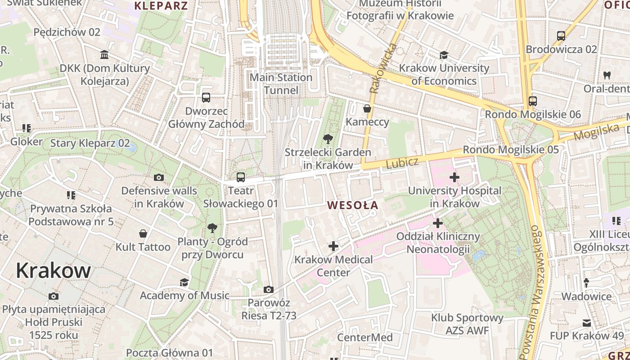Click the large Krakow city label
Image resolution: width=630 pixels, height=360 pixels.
[x=53, y=270]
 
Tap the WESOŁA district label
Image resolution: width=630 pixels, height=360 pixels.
[x=352, y=205]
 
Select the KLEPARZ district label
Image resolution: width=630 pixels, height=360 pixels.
[x=161, y=6]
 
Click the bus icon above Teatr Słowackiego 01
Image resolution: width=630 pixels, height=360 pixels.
[x=241, y=177]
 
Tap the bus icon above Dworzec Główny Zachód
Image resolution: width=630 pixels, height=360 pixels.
[x=206, y=98]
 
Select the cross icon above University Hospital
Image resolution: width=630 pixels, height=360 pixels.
[x=454, y=177]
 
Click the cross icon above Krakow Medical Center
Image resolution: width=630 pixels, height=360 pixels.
[x=333, y=246]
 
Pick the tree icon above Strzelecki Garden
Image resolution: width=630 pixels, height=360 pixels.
[x=328, y=139]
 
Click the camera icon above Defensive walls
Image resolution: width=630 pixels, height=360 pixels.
[x=159, y=178]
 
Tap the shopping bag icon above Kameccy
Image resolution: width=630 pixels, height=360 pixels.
[x=367, y=108]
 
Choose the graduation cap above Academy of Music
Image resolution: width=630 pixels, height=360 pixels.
[x=184, y=282]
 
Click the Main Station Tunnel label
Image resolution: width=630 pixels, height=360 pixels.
[x=281, y=84]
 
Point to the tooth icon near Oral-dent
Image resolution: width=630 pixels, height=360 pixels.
[x=607, y=75]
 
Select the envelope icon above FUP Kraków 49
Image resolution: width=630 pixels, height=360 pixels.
[x=587, y=323]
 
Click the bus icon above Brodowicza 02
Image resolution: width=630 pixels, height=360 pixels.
[x=561, y=36]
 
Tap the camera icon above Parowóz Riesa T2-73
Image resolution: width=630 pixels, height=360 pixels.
[x=269, y=289]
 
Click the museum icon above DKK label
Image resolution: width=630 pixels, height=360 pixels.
[x=104, y=55]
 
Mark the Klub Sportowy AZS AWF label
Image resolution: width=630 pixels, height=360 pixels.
[x=467, y=324]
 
